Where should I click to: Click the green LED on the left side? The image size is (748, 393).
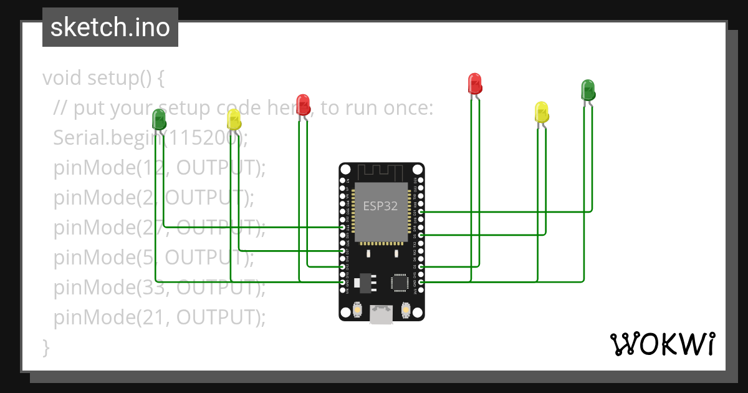coord(159,119)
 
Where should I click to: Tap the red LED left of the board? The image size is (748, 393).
coord(303,105)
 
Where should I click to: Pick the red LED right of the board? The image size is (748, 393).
coord(474,84)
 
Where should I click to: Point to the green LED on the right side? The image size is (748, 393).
coord(587,90)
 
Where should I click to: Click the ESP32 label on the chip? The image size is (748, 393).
coord(380,206)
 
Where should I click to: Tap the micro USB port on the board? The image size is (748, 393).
coord(381,314)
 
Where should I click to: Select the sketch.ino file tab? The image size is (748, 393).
coord(110,27)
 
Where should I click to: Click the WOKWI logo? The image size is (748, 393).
coord(662,344)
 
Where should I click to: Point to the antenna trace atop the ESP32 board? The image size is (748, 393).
coord(381,171)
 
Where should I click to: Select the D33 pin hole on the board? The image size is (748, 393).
coord(342,227)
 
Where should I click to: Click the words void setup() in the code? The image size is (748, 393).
coord(103,79)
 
